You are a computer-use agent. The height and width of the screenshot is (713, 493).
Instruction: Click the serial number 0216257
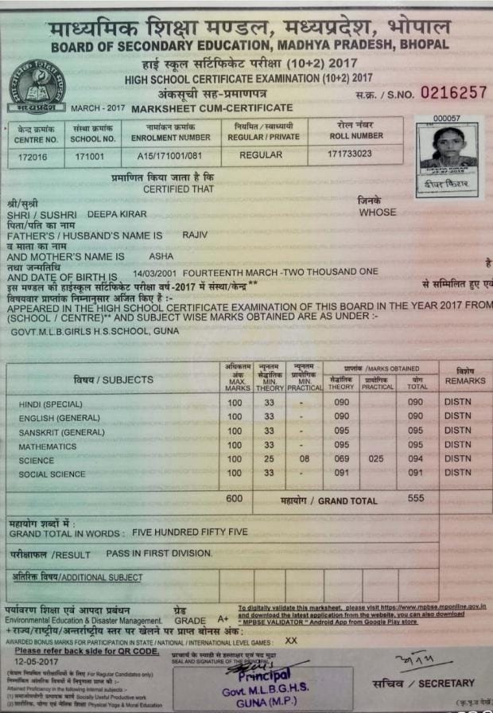tap(453, 92)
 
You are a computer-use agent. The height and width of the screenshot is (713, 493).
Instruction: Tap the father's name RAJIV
tap(195, 236)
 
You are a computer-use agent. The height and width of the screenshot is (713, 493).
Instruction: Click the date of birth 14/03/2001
tap(157, 272)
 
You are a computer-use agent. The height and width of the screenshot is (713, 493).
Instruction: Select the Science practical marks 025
tap(377, 459)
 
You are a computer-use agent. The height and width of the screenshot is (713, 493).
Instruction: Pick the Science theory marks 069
tap(341, 459)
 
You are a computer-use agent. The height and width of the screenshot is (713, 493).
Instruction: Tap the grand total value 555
tap(415, 498)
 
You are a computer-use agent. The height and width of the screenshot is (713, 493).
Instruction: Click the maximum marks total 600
tap(234, 498)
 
